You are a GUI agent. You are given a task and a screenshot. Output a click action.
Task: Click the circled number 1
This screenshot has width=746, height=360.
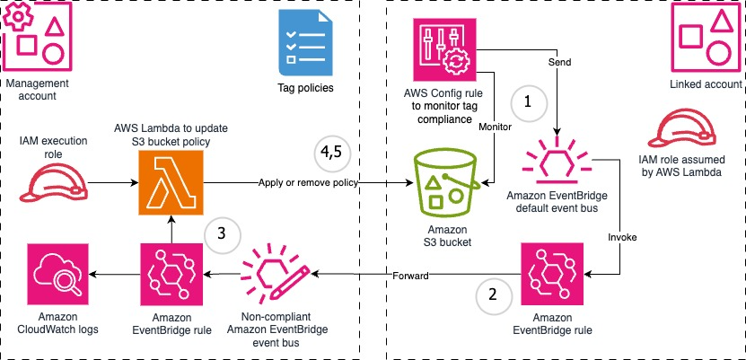529,102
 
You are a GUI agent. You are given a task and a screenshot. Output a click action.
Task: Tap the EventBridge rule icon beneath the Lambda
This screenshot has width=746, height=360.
171,274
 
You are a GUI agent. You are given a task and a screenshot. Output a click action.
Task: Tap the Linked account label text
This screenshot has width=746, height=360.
707,85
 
